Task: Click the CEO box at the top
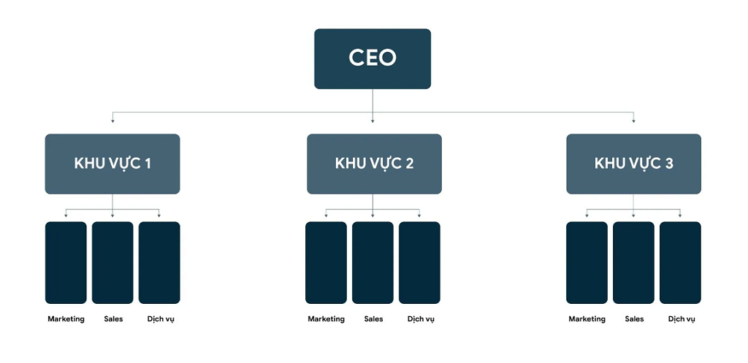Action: [372, 58]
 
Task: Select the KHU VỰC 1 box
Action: [112, 164]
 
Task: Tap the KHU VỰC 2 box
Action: [374, 164]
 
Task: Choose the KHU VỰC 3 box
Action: [633, 164]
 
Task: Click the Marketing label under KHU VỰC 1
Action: [66, 318]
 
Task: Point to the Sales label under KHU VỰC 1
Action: [113, 318]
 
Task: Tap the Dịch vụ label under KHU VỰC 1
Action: [161, 319]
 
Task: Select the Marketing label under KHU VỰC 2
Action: [326, 318]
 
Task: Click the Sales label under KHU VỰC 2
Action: [373, 318]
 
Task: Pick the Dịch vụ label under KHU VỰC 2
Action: [421, 319]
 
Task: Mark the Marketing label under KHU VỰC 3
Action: [587, 318]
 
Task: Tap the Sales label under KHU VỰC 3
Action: [634, 318]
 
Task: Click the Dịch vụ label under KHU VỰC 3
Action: [682, 319]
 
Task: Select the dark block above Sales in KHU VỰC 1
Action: [112, 262]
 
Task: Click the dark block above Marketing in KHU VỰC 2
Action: [326, 262]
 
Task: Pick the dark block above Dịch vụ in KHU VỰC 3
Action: [680, 262]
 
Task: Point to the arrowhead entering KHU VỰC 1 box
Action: [112, 121]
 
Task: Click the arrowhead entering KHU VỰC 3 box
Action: [633, 121]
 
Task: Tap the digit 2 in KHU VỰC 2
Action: [409, 164]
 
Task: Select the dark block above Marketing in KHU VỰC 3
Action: [587, 262]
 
